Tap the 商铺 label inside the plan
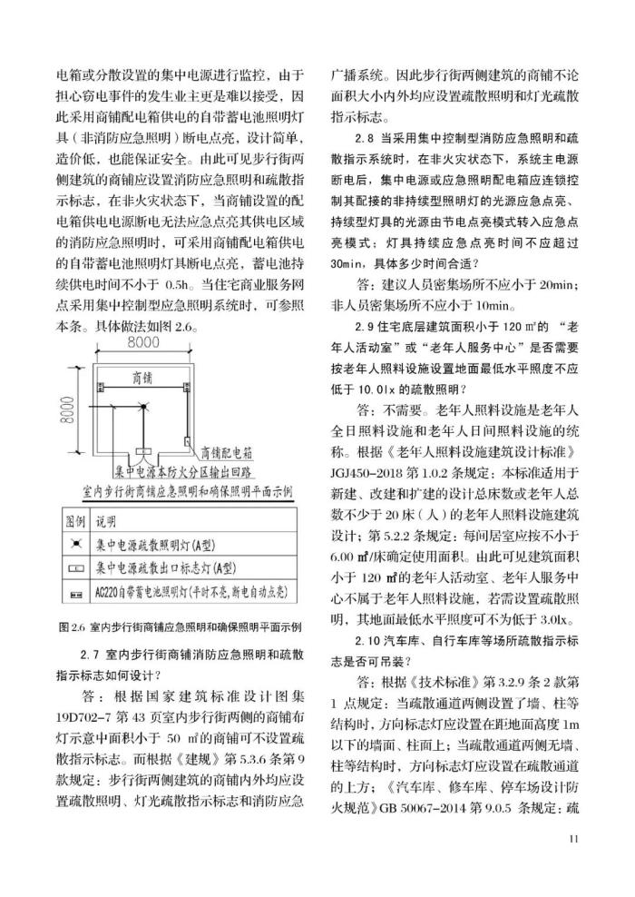[x=142, y=376]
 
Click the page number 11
[x=572, y=838]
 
